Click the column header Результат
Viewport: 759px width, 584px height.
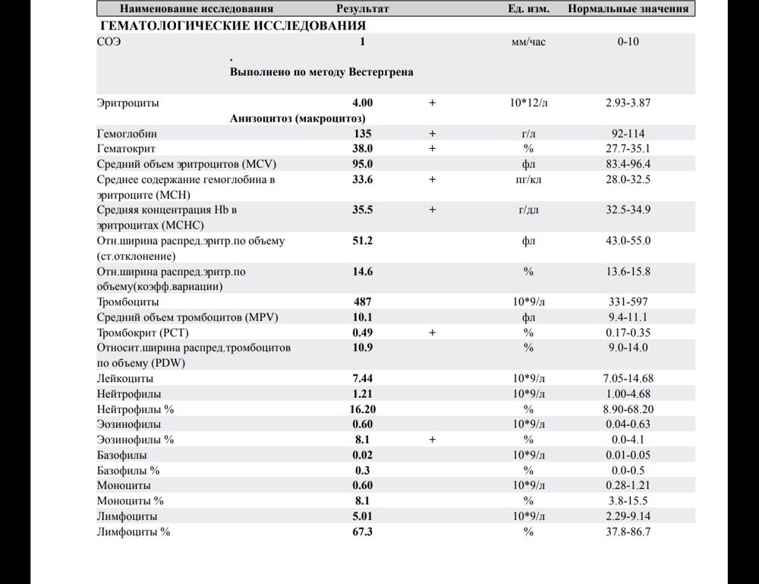(362, 9)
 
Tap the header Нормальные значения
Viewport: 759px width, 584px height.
(628, 9)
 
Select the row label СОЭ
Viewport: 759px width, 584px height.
(109, 42)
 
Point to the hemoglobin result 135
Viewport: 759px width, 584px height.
(362, 134)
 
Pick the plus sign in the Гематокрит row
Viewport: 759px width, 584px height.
(432, 149)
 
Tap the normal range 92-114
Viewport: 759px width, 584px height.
(628, 134)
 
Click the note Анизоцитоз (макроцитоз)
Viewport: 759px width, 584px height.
(298, 118)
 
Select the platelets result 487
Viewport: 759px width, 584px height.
(362, 301)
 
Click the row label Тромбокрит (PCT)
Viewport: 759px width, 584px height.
(143, 333)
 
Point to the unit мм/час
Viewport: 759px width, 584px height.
(529, 42)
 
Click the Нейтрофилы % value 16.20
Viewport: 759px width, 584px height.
(362, 409)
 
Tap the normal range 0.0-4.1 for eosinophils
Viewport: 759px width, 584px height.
(628, 440)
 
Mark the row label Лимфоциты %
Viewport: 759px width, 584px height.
(134, 532)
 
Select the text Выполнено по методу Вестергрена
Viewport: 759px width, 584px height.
(321, 72)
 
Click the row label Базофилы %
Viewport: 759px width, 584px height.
(128, 470)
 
